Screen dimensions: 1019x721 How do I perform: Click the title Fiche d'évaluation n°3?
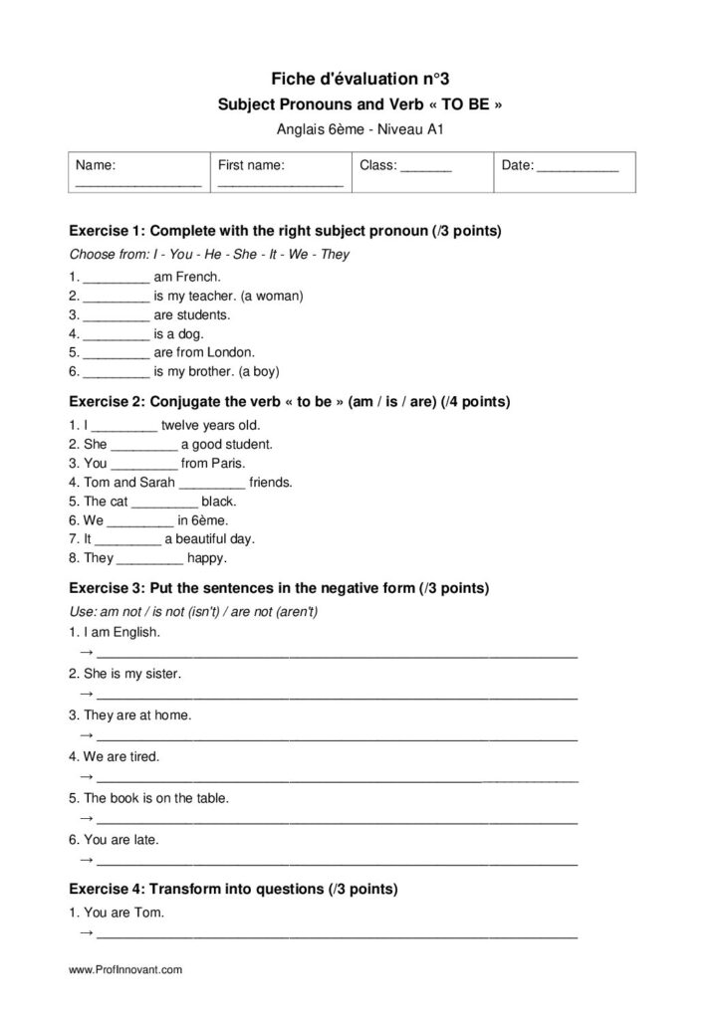pyautogui.click(x=360, y=78)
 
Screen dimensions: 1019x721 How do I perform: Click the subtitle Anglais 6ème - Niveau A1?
pyautogui.click(x=360, y=127)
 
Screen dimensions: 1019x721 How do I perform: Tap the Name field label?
pyautogui.click(x=96, y=165)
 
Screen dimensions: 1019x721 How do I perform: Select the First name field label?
pyautogui.click(x=251, y=165)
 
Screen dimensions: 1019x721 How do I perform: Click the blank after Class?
pyautogui.click(x=426, y=167)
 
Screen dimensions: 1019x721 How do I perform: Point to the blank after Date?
pyautogui.click(x=578, y=167)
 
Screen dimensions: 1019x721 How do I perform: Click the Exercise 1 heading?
pyautogui.click(x=285, y=231)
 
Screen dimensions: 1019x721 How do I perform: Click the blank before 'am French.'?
pyautogui.click(x=116, y=278)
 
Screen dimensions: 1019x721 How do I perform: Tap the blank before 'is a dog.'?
pyautogui.click(x=116, y=334)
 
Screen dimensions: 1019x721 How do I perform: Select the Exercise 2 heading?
pyautogui.click(x=289, y=402)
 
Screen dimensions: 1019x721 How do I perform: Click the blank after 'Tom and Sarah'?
pyautogui.click(x=210, y=483)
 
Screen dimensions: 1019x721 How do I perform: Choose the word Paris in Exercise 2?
pyautogui.click(x=229, y=464)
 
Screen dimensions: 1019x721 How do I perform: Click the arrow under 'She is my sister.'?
pyautogui.click(x=87, y=694)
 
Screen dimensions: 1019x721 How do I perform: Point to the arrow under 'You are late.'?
pyautogui.click(x=87, y=859)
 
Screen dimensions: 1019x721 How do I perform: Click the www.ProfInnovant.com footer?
pyautogui.click(x=125, y=968)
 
